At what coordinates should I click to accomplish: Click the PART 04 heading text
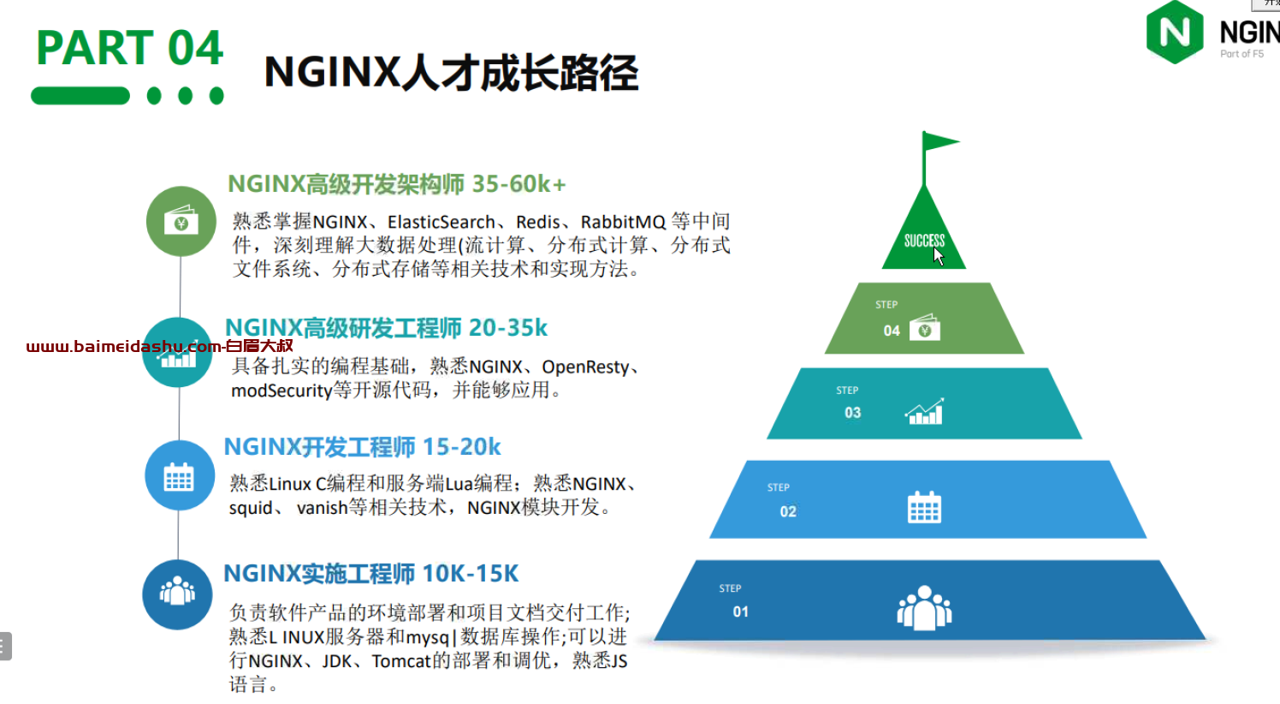click(x=129, y=47)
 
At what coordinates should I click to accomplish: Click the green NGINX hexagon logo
click(x=1175, y=32)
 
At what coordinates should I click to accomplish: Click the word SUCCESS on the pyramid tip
click(x=924, y=241)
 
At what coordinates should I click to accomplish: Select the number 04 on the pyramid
click(x=892, y=331)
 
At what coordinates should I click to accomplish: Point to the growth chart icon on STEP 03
click(x=924, y=411)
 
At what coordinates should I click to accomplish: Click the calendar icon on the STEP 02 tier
click(x=924, y=507)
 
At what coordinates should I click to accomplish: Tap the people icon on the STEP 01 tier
click(x=924, y=608)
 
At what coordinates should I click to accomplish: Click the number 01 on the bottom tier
click(x=741, y=612)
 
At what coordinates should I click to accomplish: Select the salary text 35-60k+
click(x=519, y=184)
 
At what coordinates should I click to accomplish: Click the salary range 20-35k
click(x=507, y=328)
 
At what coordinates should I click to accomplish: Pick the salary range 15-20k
click(x=461, y=447)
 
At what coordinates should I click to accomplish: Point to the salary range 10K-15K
click(x=471, y=574)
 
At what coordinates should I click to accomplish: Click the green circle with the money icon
click(x=181, y=221)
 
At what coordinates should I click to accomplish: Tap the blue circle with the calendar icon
click(x=180, y=475)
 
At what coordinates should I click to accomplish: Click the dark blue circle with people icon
click(x=177, y=594)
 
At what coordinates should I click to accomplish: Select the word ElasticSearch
click(x=441, y=222)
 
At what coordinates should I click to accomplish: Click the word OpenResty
click(x=585, y=367)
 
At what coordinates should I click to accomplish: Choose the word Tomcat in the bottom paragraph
click(x=401, y=661)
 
